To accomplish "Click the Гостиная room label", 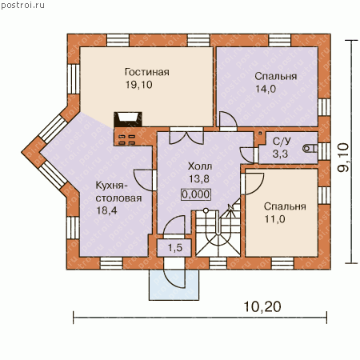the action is [147, 72].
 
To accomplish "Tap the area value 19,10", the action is [139, 85].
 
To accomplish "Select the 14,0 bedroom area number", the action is [266, 89].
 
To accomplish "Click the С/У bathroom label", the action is [282, 142].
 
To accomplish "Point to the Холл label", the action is [200, 166].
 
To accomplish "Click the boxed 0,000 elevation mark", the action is [196, 194].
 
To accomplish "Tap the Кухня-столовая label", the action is [118, 192].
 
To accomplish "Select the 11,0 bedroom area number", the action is [274, 219].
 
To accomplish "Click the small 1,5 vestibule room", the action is [174, 248].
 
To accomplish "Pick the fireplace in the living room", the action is [128, 119].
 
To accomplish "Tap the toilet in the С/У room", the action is [310, 148].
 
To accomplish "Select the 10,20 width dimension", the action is [262, 306].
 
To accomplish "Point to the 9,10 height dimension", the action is [343, 158].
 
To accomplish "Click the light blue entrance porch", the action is [174, 285].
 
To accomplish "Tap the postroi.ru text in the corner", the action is [22, 6].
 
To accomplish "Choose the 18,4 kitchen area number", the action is [106, 210].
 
